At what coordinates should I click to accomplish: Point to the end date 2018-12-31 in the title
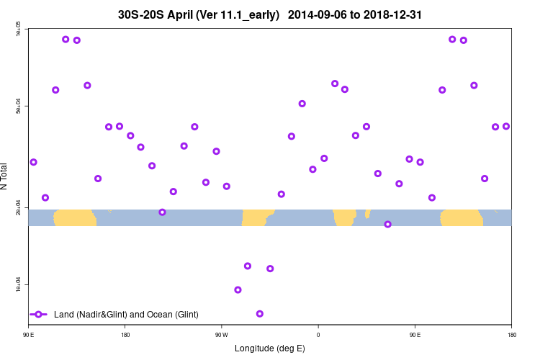tap(397, 14)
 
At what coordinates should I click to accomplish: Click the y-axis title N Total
tap(5, 176)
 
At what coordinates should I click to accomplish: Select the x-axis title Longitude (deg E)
tap(269, 348)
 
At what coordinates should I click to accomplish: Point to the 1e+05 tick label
tap(17, 29)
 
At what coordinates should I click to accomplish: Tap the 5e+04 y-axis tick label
tap(17, 107)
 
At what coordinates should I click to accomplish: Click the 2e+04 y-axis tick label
tap(17, 208)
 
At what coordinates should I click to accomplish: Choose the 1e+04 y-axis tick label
tap(17, 285)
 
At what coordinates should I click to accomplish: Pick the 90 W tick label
tap(221, 335)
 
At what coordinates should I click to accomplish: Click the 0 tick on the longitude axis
tap(318, 335)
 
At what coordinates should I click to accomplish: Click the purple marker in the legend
tap(39, 315)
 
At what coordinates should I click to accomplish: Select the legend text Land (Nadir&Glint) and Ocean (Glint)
tap(126, 315)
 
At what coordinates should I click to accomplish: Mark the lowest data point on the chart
tap(259, 313)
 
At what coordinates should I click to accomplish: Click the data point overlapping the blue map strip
tap(387, 224)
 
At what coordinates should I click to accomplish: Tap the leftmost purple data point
tap(33, 162)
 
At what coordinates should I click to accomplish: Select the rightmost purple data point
tap(505, 126)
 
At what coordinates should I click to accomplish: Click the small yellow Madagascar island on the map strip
tap(367, 213)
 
